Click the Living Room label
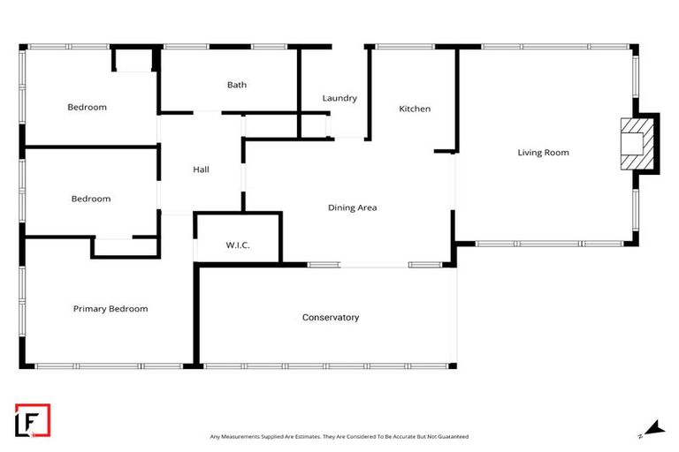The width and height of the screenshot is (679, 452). pos(543,153)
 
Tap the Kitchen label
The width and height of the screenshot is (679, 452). pos(415,109)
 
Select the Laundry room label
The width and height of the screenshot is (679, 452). pos(339,98)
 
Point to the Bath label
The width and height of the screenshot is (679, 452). pos(237,85)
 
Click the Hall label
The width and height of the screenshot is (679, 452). pos(201,169)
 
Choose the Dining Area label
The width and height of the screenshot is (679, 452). pos(353,207)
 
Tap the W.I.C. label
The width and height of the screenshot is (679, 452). pos(238,245)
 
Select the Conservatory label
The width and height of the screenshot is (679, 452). pos(331,317)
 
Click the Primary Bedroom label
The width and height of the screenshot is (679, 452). pos(111,309)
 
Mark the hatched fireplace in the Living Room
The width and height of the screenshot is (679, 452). pos(634,143)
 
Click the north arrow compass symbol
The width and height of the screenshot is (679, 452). pos(652,428)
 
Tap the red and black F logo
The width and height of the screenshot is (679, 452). pos(33,420)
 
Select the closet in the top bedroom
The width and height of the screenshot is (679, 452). pos(134,60)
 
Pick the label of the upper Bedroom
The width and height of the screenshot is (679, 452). pos(87,108)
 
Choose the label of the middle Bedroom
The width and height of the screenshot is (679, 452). pos(91,199)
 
